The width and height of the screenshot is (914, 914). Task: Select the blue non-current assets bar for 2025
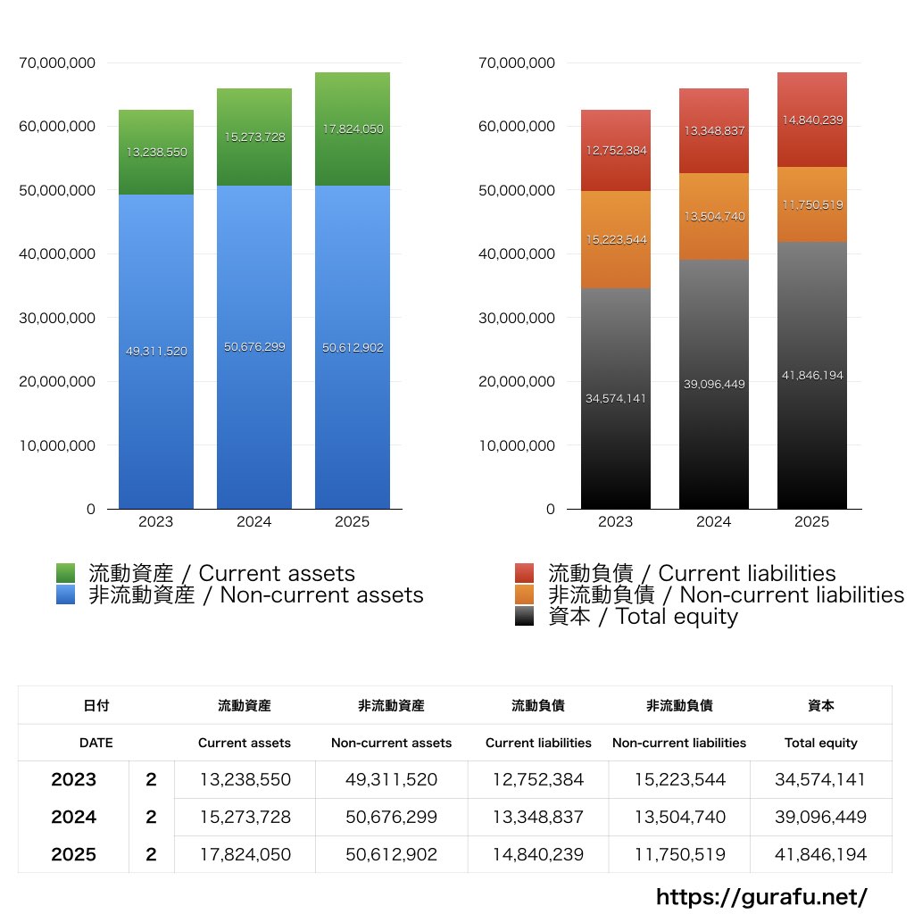(353, 402)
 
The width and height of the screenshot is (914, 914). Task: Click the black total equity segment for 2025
(812, 428)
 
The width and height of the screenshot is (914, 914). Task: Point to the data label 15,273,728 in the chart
(254, 137)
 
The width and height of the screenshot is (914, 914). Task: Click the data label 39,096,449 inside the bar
(714, 384)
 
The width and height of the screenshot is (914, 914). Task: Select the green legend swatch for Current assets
(65, 573)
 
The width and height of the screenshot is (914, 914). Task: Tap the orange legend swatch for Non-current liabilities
(525, 594)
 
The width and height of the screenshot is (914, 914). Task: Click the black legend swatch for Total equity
(525, 616)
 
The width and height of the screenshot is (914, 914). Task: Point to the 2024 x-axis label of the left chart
(254, 522)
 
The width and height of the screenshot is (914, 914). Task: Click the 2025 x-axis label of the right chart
(812, 522)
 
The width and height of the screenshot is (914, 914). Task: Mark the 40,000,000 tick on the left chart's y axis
(57, 254)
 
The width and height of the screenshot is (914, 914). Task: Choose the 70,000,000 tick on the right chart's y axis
(518, 63)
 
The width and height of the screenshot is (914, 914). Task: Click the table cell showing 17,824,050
(245, 854)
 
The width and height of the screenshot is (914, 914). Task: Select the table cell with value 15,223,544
(679, 779)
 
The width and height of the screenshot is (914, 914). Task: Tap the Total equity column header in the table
(821, 743)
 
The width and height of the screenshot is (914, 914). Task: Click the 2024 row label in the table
(74, 817)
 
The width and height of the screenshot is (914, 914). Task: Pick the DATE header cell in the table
(96, 743)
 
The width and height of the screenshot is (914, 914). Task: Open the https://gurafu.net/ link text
(761, 896)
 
